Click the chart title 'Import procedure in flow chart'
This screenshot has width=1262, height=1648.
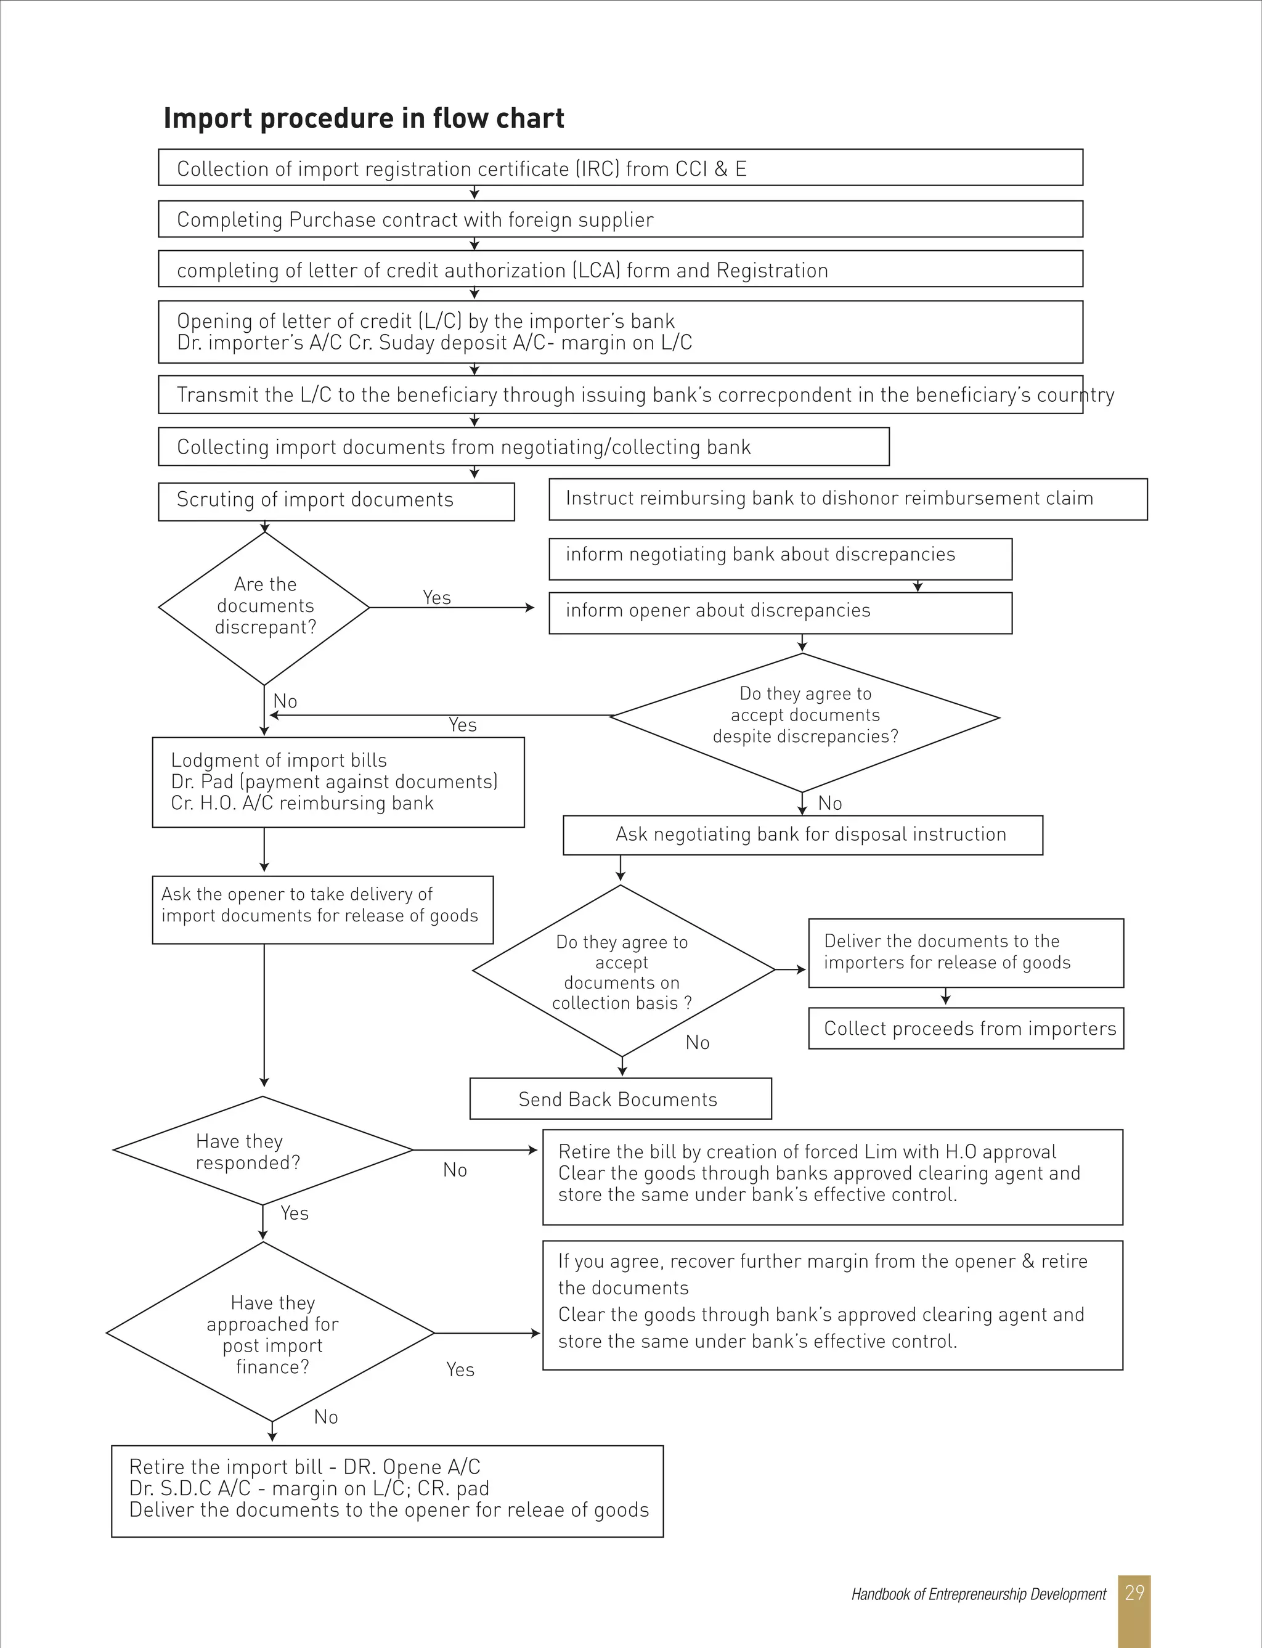[x=364, y=119]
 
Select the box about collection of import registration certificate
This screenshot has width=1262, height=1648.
[x=620, y=168]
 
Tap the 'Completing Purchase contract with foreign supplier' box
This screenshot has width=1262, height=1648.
[x=620, y=219]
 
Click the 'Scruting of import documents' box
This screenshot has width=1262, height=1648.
[x=336, y=501]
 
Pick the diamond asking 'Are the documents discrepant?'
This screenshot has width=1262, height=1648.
[x=264, y=607]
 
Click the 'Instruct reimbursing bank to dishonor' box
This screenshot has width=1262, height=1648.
[x=847, y=499]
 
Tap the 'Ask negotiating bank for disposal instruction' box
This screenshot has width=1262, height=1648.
[x=802, y=834]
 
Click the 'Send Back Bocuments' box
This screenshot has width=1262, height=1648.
[x=620, y=1099]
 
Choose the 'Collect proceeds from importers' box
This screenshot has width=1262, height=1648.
[x=966, y=1029]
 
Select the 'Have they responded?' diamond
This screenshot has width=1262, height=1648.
[x=263, y=1151]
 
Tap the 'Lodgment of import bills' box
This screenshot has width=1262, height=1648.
[x=338, y=782]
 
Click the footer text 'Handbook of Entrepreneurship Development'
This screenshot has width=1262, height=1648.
[x=978, y=1594]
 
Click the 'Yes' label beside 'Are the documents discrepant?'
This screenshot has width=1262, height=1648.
[x=436, y=597]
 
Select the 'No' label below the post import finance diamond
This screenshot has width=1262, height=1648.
[x=325, y=1417]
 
